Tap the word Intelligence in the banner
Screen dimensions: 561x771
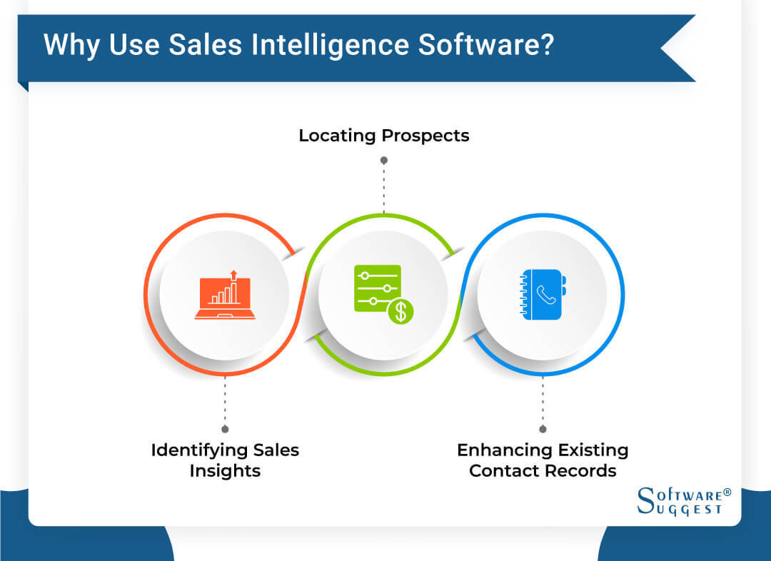[336, 45]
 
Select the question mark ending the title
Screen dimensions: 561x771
[545, 45]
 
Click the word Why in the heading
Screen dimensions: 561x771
[70, 45]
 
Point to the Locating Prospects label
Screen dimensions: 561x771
[384, 135]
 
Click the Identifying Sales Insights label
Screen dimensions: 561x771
[225, 460]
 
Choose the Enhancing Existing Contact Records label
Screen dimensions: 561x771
[543, 460]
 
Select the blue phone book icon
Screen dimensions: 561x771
[542, 294]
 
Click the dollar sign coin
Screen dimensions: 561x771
[400, 310]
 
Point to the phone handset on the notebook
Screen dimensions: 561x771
[546, 294]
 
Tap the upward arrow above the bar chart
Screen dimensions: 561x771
[233, 275]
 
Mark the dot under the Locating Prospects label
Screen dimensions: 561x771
[384, 161]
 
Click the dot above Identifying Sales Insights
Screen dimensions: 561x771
[225, 429]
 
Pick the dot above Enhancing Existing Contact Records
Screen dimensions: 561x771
[543, 429]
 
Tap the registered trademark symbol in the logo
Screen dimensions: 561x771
[727, 492]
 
